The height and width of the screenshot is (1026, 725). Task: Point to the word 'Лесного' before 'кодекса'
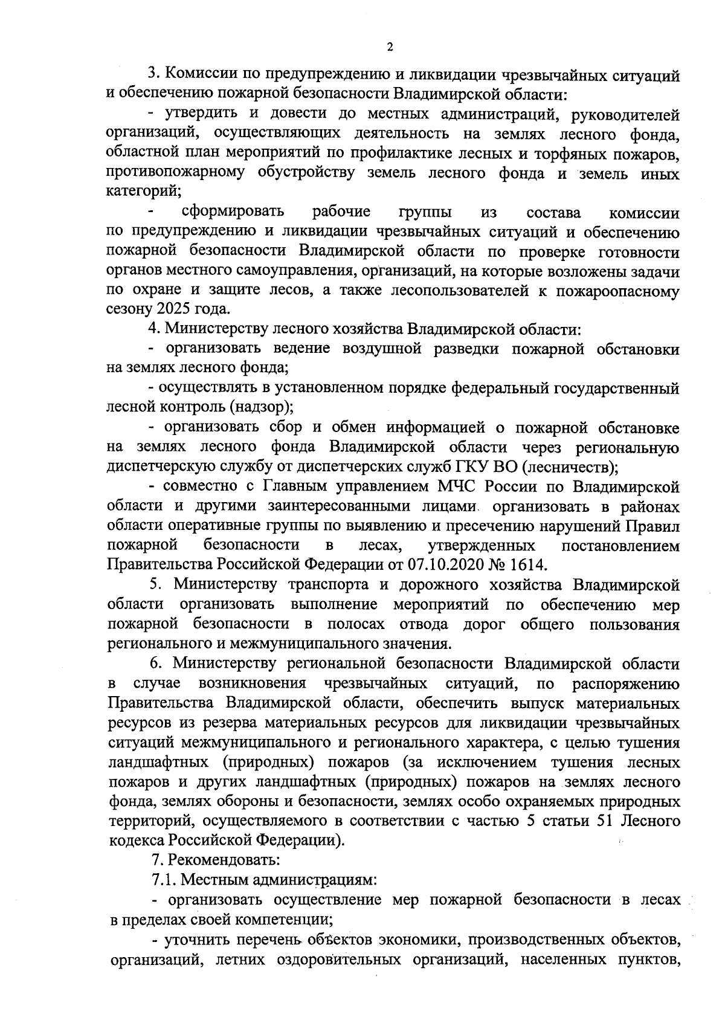click(x=650, y=821)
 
